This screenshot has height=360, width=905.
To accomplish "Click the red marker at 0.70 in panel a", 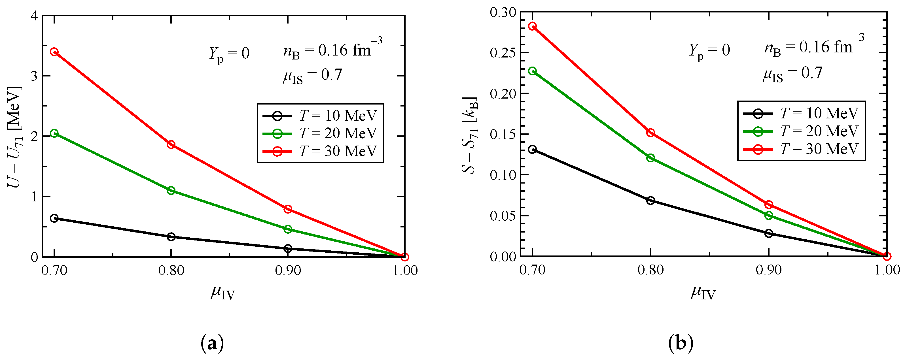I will [x=54, y=52].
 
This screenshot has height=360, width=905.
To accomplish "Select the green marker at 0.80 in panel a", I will [x=171, y=190].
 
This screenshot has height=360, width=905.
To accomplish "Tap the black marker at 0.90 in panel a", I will [x=288, y=249].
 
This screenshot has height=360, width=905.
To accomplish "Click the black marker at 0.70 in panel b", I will [x=533, y=149].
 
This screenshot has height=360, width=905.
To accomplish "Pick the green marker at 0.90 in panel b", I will [x=769, y=215].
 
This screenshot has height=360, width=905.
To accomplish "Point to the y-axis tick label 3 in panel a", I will [x=34, y=76].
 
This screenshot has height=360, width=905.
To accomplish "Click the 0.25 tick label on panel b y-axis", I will [x=503, y=53].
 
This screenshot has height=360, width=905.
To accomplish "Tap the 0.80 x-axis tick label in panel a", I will [x=171, y=270].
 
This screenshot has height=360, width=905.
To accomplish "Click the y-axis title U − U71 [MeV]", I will [x=15, y=137].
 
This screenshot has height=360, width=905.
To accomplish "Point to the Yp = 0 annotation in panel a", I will [x=229, y=54].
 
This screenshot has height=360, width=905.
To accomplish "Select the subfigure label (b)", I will [x=681, y=343].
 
